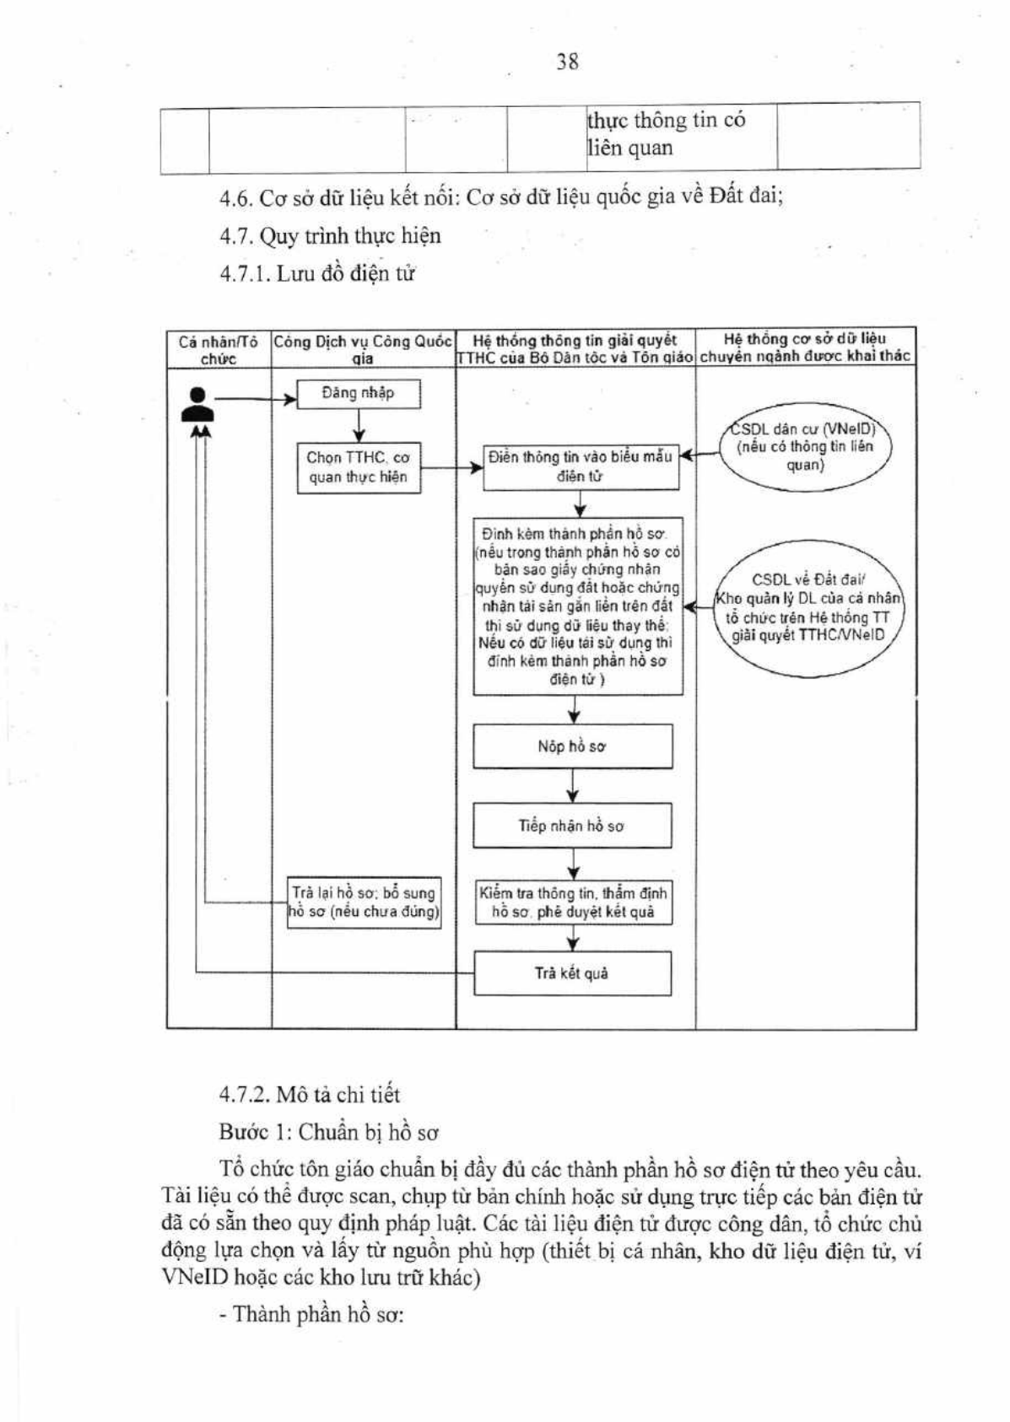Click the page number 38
567,62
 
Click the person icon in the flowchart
197,404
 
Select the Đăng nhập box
359,394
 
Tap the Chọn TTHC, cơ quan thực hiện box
359,468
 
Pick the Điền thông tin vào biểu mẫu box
581,467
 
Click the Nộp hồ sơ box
572,746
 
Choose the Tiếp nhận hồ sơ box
572,825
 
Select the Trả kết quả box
572,973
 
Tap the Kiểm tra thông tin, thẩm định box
574,902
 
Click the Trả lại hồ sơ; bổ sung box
364,902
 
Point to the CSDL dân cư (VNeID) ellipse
806,447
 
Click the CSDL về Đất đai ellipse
808,607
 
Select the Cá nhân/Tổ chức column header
219,350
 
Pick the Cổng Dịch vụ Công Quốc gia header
363,350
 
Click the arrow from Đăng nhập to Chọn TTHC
359,425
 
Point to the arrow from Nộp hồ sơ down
572,786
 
